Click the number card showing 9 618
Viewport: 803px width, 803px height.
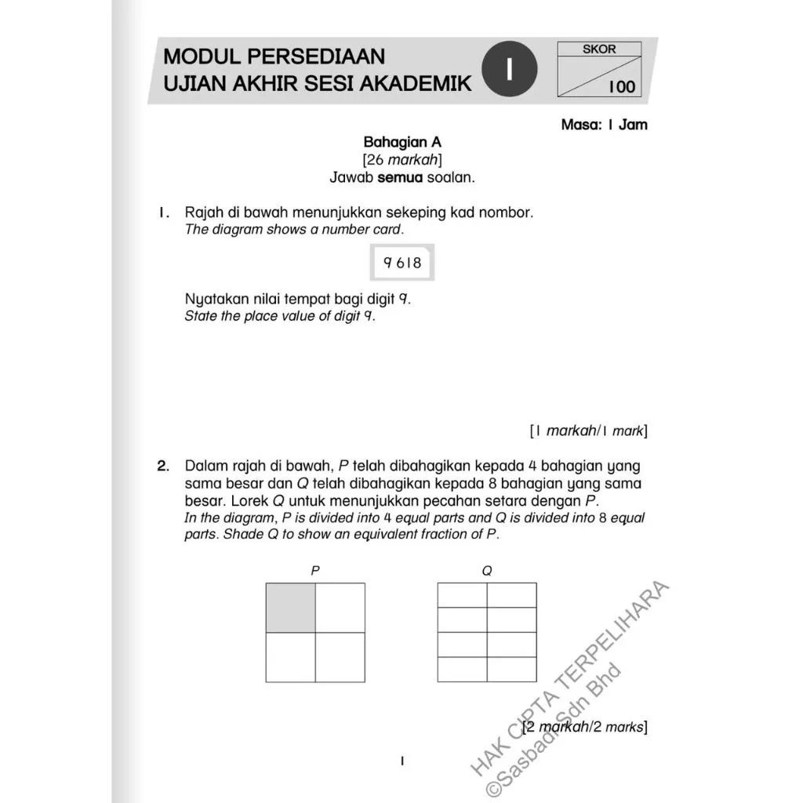(x=402, y=263)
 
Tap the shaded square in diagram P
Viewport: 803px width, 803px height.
(x=291, y=607)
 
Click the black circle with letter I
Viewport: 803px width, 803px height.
(x=510, y=69)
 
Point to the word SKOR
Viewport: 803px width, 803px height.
(x=599, y=49)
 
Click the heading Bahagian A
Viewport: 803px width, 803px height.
(x=402, y=142)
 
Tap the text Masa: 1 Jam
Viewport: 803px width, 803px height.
(x=604, y=124)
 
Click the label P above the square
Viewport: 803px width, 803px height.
(x=315, y=571)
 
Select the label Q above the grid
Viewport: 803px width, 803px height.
(x=487, y=571)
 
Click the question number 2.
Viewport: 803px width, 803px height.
(x=163, y=466)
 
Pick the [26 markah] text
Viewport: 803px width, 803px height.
(x=402, y=160)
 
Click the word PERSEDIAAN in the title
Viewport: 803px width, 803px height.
(x=318, y=56)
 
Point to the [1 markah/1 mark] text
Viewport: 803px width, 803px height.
(x=588, y=431)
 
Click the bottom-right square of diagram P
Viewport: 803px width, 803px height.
(x=340, y=656)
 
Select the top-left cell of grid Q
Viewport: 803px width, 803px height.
(x=462, y=595)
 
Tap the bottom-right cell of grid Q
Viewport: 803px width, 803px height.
(x=511, y=669)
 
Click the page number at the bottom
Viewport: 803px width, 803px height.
(x=401, y=760)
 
